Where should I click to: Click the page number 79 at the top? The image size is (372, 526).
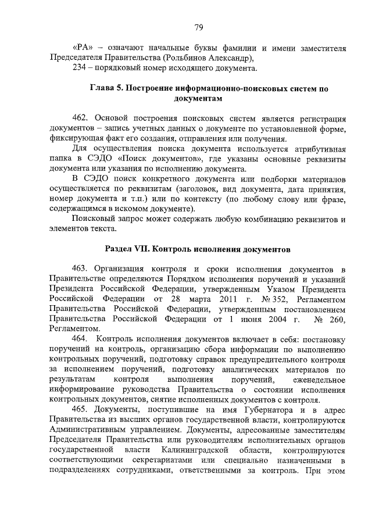(x=198, y=27)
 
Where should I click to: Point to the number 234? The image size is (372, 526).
(x=80, y=69)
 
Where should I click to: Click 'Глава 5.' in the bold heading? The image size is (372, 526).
(x=106, y=89)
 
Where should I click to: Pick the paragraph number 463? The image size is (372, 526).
(x=81, y=268)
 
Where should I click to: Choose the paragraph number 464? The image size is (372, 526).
(x=81, y=339)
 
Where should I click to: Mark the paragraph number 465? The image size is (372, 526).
(x=81, y=411)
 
